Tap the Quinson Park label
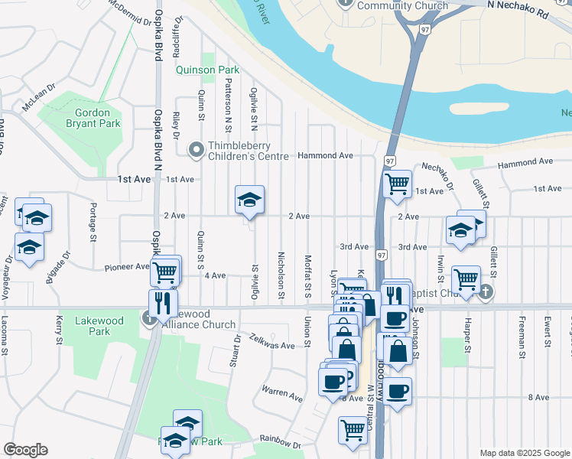tap(207, 70)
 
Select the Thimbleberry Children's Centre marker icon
tap(197, 150)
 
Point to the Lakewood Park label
tap(93, 326)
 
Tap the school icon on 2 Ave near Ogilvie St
tap(249, 200)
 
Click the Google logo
tap(25, 450)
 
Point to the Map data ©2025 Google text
tap(524, 453)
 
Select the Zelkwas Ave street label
tap(272, 346)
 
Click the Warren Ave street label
tap(282, 396)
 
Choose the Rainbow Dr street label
tap(280, 442)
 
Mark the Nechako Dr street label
tap(437, 175)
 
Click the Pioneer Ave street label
tap(127, 268)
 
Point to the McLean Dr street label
tap(41, 100)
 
